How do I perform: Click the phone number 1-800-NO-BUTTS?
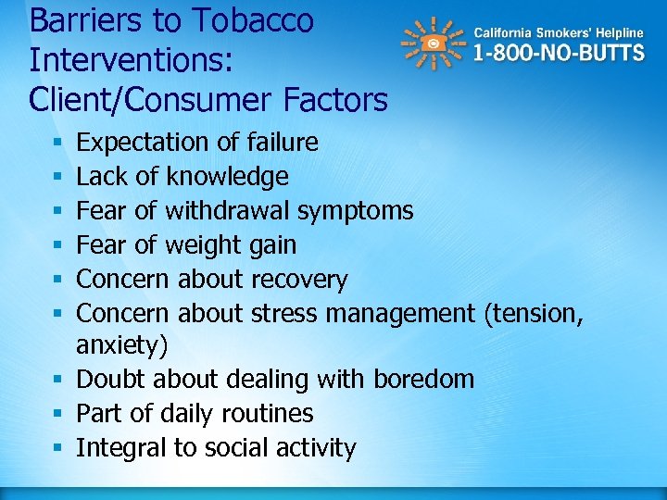(x=559, y=53)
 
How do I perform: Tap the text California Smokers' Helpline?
(x=559, y=32)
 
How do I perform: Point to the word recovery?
(x=301, y=279)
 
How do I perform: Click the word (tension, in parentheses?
(x=534, y=313)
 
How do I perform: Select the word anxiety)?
(x=122, y=345)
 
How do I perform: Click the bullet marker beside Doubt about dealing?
(x=57, y=380)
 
